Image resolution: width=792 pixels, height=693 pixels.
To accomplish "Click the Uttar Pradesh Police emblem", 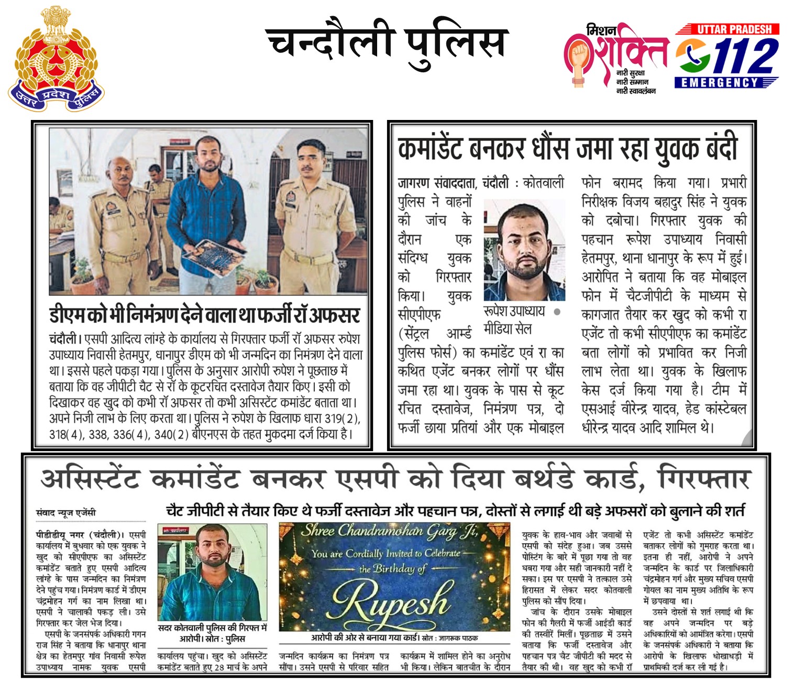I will pyautogui.click(x=56, y=59).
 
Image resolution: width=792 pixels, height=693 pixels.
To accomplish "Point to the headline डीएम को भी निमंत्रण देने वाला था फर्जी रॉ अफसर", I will pyautogui.click(x=205, y=315).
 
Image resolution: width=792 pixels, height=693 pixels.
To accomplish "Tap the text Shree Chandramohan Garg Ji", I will pyautogui.click(x=389, y=532).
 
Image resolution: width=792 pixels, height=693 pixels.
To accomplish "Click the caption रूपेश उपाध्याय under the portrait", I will pyautogui.click(x=514, y=311).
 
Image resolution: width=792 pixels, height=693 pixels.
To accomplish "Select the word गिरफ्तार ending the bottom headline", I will pyautogui.click(x=705, y=478).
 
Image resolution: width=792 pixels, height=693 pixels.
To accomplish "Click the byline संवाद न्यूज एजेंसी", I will pyautogui.click(x=66, y=512).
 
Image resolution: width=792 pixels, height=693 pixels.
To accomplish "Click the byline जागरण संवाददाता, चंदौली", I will pyautogui.click(x=453, y=183).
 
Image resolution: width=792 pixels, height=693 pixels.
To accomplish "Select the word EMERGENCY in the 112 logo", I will pyautogui.click(x=720, y=83).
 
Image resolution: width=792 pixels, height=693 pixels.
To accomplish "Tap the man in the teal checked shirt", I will pyautogui.click(x=212, y=576).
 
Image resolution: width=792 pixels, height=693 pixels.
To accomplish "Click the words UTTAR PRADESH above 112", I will pyautogui.click(x=734, y=29).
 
